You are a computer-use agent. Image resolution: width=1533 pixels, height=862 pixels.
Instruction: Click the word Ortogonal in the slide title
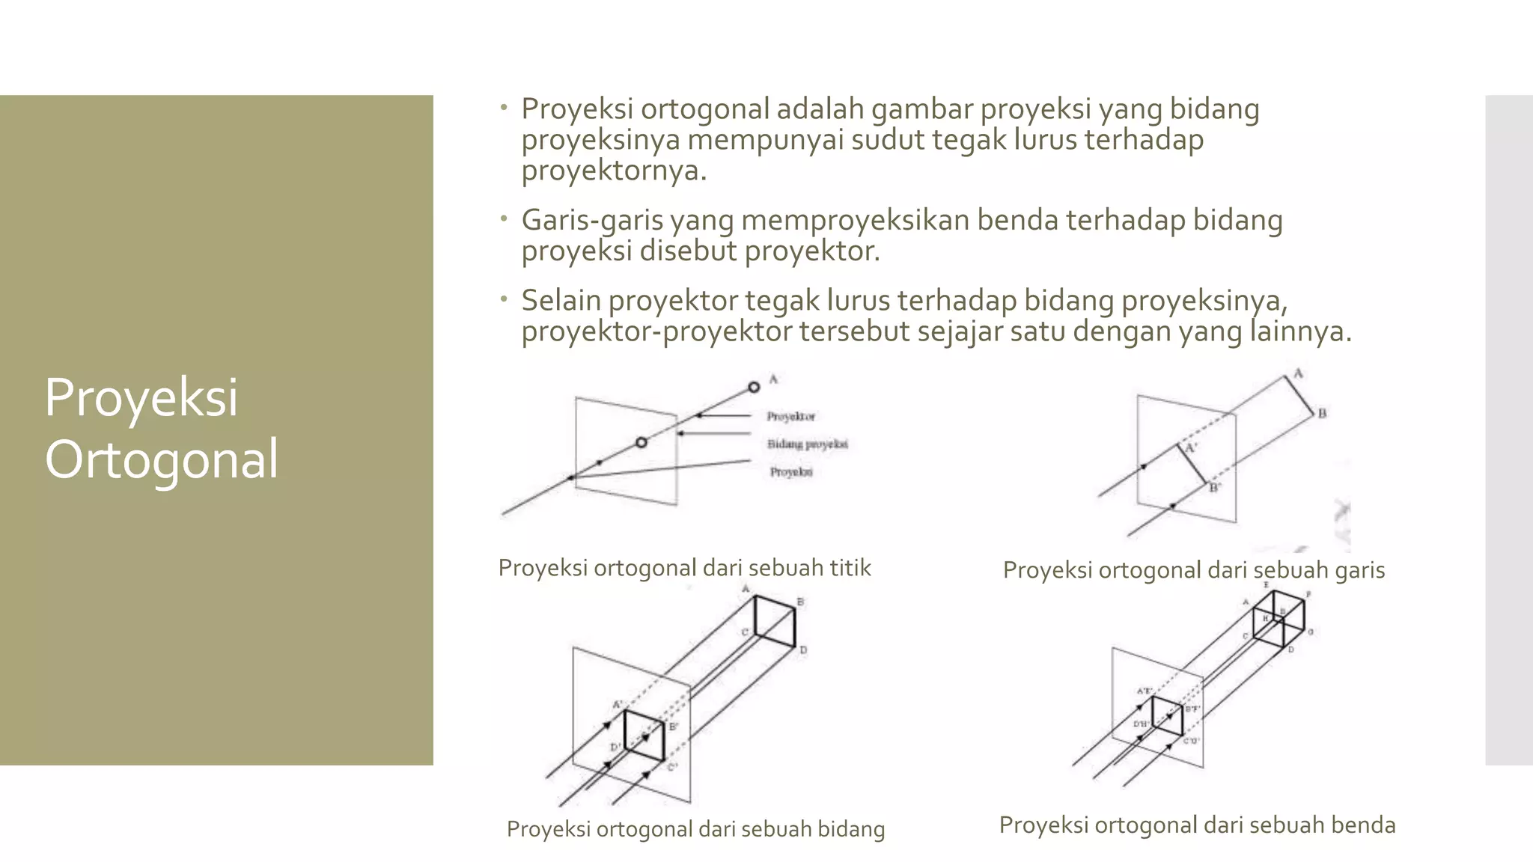point(162,459)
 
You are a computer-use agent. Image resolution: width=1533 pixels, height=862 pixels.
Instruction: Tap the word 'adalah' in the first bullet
point(820,109)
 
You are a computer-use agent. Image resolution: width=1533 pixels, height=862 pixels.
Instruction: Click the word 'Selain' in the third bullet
point(561,301)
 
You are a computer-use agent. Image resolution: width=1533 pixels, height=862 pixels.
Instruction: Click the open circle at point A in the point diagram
point(754,387)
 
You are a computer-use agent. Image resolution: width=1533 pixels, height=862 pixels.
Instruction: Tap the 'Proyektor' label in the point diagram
point(790,416)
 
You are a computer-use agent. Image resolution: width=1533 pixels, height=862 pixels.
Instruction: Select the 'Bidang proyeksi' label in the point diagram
point(807,444)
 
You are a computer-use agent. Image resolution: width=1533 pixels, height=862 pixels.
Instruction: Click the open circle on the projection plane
point(641,442)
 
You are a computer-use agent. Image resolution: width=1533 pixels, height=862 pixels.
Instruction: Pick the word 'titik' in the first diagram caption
point(850,568)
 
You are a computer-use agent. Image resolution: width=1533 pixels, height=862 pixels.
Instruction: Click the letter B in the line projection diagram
point(1322,413)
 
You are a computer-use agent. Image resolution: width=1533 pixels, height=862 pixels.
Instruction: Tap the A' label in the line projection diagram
point(1192,447)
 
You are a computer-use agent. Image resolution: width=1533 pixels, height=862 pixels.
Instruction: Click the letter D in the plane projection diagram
point(803,650)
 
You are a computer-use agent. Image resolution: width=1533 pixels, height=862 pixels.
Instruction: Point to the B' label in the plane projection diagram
point(674,727)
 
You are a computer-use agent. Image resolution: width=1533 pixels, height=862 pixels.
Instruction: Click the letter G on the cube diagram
point(1310,632)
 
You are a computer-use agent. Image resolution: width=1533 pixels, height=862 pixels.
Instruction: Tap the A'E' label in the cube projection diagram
point(1145,691)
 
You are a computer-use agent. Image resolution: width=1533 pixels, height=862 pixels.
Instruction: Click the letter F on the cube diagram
point(1308,595)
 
